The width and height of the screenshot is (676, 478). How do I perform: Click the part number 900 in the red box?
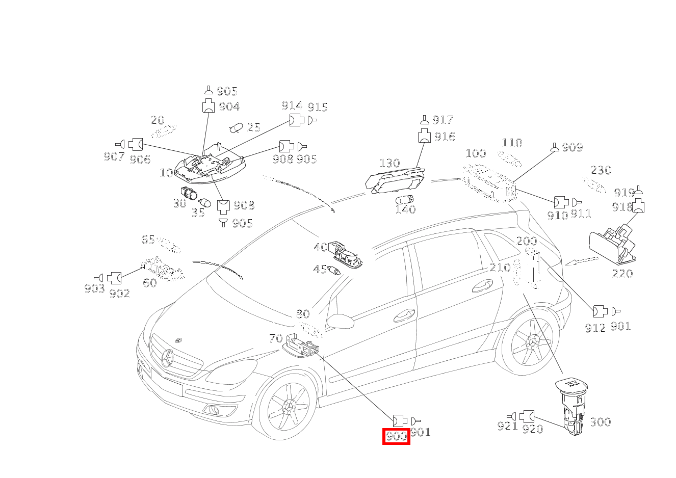tap(396, 437)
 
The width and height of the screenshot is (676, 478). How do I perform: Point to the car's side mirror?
tap(340, 321)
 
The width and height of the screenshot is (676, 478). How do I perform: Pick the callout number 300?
tap(600, 422)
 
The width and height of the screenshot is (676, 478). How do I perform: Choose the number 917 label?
tap(443, 120)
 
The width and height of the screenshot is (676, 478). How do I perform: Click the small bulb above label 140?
tap(405, 199)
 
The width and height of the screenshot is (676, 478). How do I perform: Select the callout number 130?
tap(389, 164)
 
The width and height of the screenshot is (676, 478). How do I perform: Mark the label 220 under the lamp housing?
tap(622, 274)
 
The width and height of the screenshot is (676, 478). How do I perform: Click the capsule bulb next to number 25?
tap(236, 127)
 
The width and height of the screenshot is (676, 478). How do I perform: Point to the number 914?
tap(292, 106)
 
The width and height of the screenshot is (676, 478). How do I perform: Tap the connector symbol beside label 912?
tap(600, 311)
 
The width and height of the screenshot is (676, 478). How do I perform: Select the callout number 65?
tap(148, 240)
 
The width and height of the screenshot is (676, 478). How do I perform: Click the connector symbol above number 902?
tap(114, 278)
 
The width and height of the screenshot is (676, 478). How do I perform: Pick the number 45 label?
tap(320, 269)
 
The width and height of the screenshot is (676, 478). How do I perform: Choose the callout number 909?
tap(572, 147)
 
